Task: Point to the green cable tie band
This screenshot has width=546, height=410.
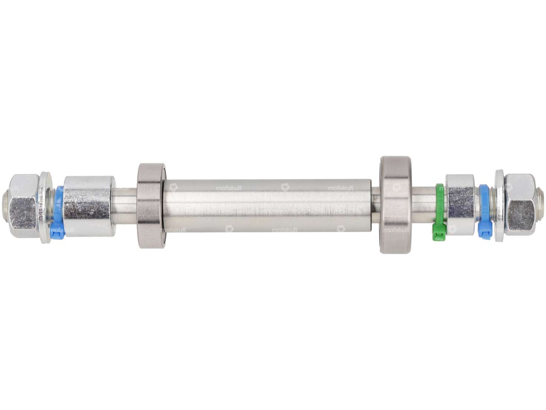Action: pos(440,203)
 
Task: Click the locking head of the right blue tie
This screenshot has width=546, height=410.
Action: pos(485,232)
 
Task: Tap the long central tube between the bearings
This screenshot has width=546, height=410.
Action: pos(268,206)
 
